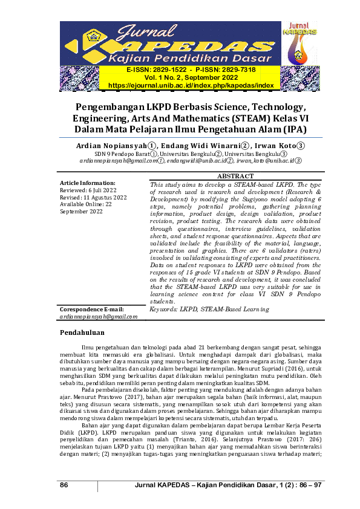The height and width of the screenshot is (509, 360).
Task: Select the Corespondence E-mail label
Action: tap(92, 309)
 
